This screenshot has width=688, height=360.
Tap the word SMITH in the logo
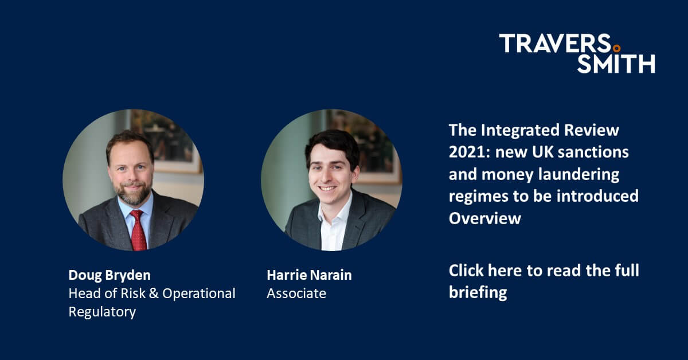[616, 63]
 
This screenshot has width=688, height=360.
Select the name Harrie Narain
[309, 275]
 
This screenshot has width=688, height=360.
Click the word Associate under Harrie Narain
[296, 294]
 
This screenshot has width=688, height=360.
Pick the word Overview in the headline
[484, 217]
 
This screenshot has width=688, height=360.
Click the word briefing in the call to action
[478, 292]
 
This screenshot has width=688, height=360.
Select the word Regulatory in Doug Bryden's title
[102, 312]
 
